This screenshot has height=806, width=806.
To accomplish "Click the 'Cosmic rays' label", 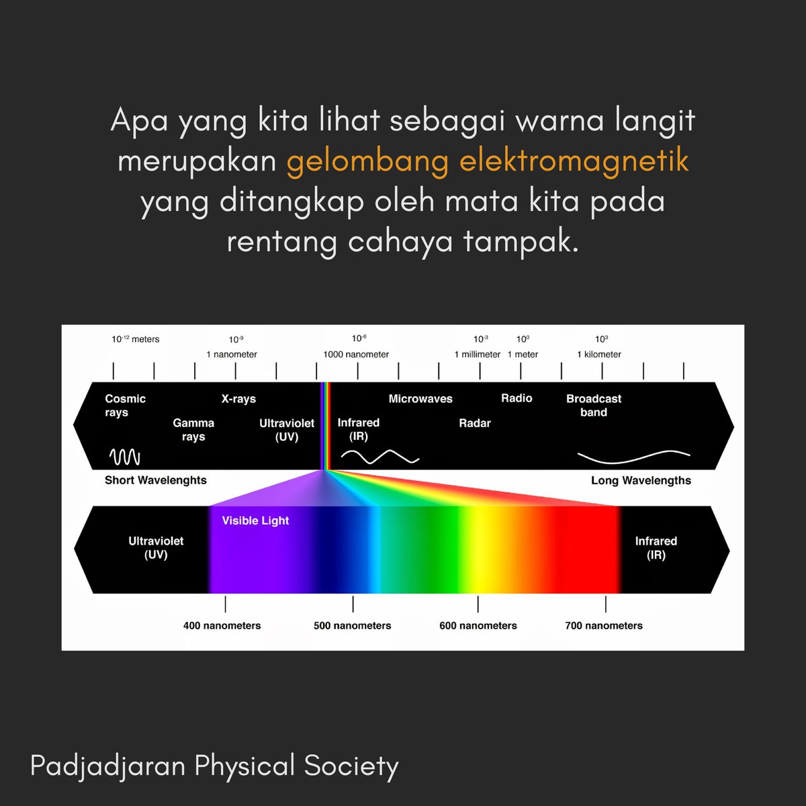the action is pyautogui.click(x=125, y=406).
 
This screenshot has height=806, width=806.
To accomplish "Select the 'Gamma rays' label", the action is pyautogui.click(x=193, y=430).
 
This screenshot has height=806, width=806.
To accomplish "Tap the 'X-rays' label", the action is pyautogui.click(x=238, y=399).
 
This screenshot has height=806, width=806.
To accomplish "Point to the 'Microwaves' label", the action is pyautogui.click(x=420, y=399).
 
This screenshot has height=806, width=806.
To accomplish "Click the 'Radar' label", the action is pyautogui.click(x=475, y=423).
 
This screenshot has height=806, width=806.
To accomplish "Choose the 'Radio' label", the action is pyautogui.click(x=517, y=398).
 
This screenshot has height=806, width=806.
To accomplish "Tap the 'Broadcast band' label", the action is pyautogui.click(x=594, y=406).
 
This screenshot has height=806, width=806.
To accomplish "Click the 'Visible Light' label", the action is pyautogui.click(x=255, y=521).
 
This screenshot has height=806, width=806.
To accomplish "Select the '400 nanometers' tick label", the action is pyautogui.click(x=222, y=626).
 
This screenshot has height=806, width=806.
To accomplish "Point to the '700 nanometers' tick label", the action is pyautogui.click(x=604, y=626).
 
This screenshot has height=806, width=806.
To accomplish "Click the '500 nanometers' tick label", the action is pyautogui.click(x=352, y=626).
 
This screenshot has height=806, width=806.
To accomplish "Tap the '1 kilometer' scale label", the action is pyautogui.click(x=599, y=355).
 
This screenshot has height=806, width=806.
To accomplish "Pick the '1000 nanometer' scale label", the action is pyautogui.click(x=356, y=355).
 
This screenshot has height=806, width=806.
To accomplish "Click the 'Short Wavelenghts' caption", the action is pyautogui.click(x=156, y=480).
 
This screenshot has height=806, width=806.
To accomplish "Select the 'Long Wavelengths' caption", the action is pyautogui.click(x=641, y=480).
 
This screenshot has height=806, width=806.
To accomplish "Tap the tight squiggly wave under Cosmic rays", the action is pyautogui.click(x=125, y=457).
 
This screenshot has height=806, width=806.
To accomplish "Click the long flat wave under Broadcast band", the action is pyautogui.click(x=633, y=457).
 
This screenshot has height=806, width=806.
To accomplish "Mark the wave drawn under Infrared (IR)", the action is pyautogui.click(x=379, y=457).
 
